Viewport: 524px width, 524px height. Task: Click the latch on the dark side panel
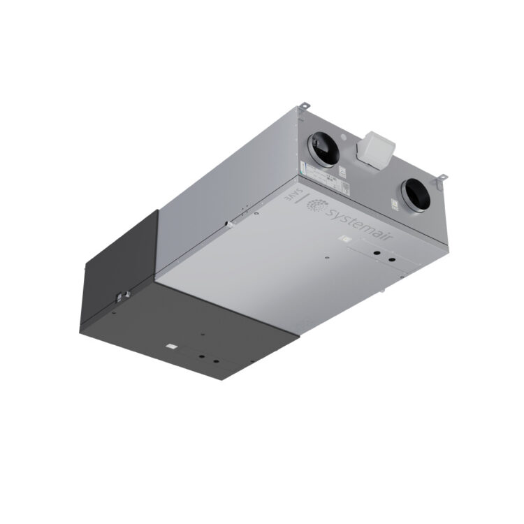pyautogui.click(x=121, y=296)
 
